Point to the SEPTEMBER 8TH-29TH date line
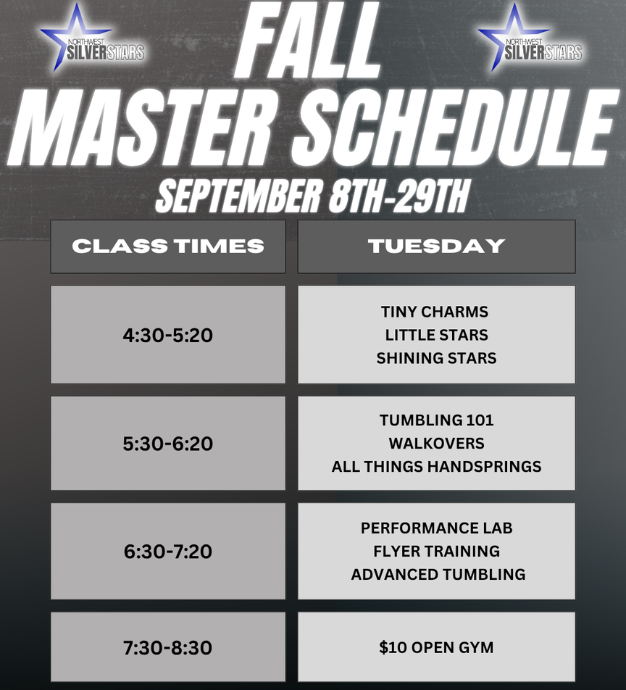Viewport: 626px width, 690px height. (x=312, y=196)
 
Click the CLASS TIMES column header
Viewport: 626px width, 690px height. (x=168, y=246)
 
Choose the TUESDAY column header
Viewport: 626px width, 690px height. (x=436, y=246)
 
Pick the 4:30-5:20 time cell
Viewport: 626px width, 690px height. (x=168, y=335)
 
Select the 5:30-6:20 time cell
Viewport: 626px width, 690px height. (x=168, y=443)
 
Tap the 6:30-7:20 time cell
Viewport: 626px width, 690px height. (x=168, y=551)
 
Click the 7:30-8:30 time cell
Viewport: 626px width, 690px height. (x=168, y=647)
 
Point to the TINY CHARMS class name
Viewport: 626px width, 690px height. (x=435, y=312)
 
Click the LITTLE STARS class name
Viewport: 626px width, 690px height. (x=436, y=335)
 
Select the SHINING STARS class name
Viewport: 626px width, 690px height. (x=436, y=358)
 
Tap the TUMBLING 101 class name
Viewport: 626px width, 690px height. (x=436, y=420)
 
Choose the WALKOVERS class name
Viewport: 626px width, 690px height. (x=436, y=443)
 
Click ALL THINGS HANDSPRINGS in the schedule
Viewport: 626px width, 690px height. (x=436, y=467)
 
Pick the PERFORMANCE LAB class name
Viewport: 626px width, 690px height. (x=436, y=528)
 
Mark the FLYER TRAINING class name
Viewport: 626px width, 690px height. (x=436, y=551)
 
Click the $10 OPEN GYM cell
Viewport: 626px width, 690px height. (x=436, y=647)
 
